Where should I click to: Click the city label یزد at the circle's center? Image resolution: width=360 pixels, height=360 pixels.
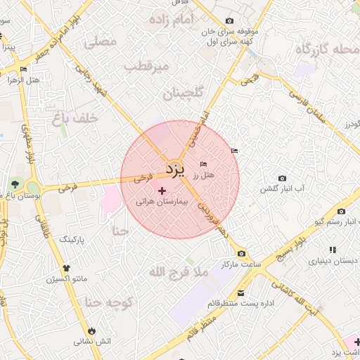pyautogui.click(x=174, y=169)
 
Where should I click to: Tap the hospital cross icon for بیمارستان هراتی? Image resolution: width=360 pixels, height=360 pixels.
pyautogui.click(x=162, y=191)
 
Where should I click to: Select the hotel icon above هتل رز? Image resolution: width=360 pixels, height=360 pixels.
pyautogui.click(x=204, y=164)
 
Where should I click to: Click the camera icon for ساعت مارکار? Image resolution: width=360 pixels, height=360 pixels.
pyautogui.click(x=242, y=254)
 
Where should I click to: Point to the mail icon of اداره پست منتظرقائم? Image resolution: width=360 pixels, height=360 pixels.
pyautogui.click(x=241, y=292)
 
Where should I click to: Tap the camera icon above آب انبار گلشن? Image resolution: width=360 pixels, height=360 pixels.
pyautogui.click(x=283, y=178)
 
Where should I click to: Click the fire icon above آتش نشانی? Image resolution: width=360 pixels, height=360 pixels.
pyautogui.click(x=92, y=330)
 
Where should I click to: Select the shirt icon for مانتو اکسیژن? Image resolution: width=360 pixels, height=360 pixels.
pyautogui.click(x=67, y=268)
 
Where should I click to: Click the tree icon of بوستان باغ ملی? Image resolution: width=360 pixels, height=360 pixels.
pyautogui.click(x=15, y=185)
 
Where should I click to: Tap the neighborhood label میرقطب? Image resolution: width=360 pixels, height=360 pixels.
pyautogui.click(x=147, y=66)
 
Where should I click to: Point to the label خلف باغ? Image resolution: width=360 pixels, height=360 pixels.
pyautogui.click(x=72, y=119)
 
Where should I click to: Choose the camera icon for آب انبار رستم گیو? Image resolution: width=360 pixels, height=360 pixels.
pyautogui.click(x=341, y=211)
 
